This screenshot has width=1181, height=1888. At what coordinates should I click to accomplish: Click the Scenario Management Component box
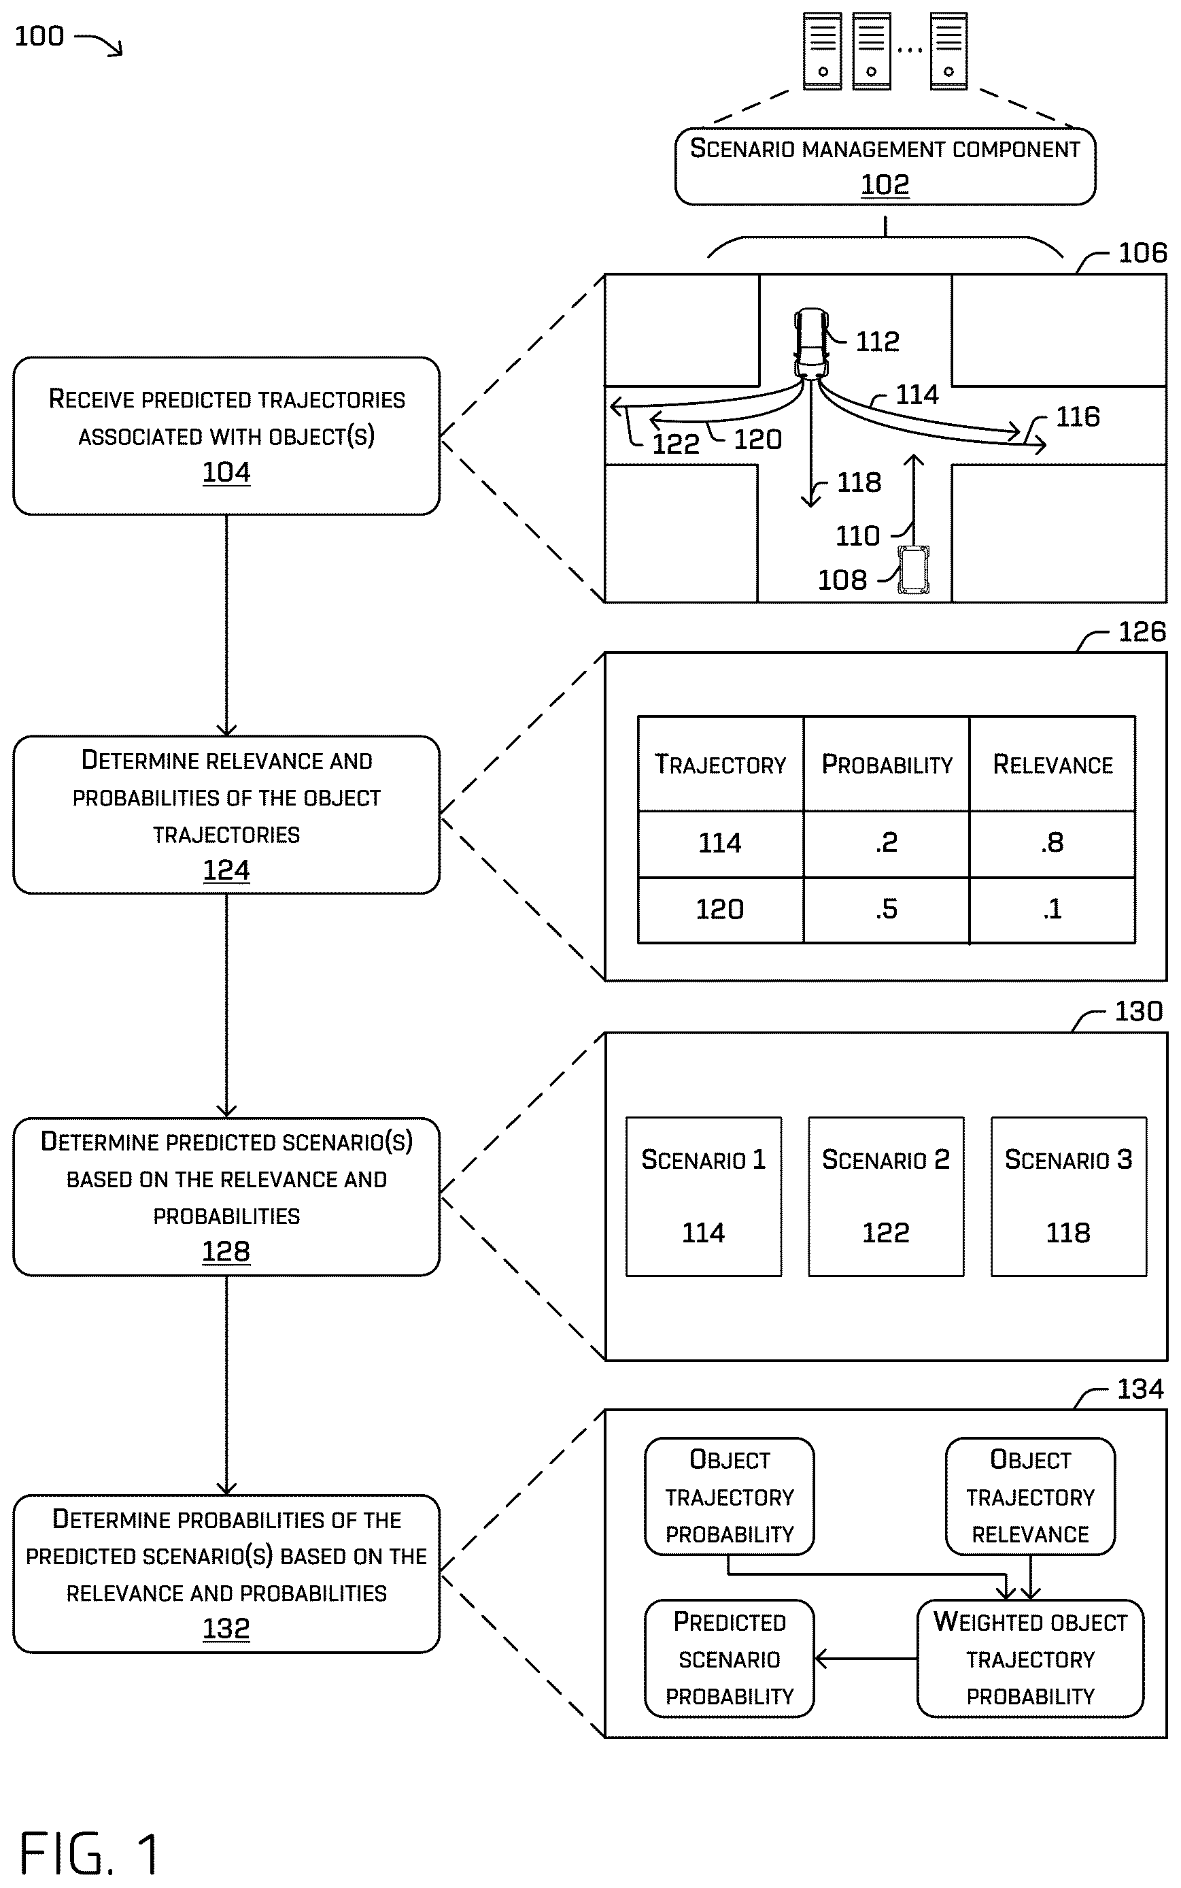pyautogui.click(x=885, y=167)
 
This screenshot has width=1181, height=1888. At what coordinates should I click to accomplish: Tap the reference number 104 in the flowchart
pyautogui.click(x=226, y=472)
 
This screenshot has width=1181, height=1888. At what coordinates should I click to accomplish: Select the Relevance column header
pyautogui.click(x=1052, y=763)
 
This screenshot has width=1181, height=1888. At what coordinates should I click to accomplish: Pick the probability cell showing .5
pyautogui.click(x=887, y=910)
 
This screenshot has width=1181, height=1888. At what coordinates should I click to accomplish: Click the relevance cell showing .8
pyautogui.click(x=1052, y=843)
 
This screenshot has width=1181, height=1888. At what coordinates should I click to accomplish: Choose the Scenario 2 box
pyautogui.click(x=886, y=1196)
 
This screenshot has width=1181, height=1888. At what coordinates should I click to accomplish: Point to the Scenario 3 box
pyautogui.click(x=1069, y=1196)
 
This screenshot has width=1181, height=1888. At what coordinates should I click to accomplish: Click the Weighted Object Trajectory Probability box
pyautogui.click(x=1030, y=1657)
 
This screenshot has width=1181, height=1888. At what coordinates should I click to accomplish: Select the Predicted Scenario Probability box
pyautogui.click(x=730, y=1657)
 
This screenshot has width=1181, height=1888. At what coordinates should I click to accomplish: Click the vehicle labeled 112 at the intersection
pyautogui.click(x=812, y=343)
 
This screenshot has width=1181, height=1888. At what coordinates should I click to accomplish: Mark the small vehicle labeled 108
pyautogui.click(x=913, y=569)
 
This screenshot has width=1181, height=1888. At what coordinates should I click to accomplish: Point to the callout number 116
pyautogui.click(x=1078, y=416)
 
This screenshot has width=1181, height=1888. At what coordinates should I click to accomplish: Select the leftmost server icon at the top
pyautogui.click(x=823, y=52)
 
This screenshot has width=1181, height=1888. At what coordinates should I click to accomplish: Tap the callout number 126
pyautogui.click(x=1142, y=631)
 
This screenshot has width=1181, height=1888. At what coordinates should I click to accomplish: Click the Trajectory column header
pyautogui.click(x=720, y=763)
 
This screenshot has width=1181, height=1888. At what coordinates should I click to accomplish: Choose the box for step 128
pyautogui.click(x=226, y=1196)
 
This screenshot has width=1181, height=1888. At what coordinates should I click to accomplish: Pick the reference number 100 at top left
pyautogui.click(x=39, y=36)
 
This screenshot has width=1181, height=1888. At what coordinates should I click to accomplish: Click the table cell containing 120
pyautogui.click(x=720, y=910)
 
